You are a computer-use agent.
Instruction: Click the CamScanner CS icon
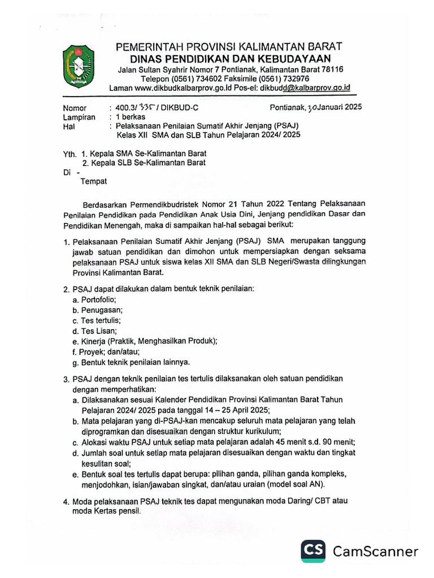coord(313,551)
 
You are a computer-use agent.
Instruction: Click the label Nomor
coord(75,108)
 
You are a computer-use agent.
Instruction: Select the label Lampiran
coord(79,117)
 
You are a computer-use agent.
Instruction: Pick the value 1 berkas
coord(131,117)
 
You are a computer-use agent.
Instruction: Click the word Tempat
coord(93,181)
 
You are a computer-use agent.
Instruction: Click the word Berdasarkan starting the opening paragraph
coord(108,204)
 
